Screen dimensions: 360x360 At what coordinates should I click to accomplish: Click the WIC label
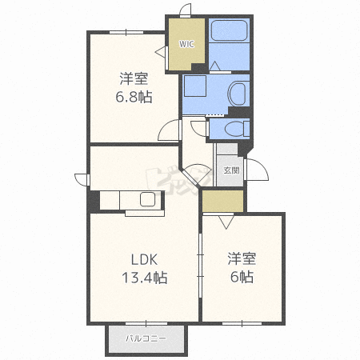(186, 44)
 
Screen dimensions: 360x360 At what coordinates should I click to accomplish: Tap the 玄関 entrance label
(231, 170)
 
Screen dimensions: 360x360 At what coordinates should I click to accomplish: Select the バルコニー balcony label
(146, 338)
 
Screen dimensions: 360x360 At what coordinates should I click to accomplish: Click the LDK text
(144, 259)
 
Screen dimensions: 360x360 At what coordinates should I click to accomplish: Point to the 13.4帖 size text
(145, 278)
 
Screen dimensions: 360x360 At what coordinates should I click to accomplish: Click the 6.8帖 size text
(134, 97)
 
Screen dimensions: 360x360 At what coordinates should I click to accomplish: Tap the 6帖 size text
(242, 277)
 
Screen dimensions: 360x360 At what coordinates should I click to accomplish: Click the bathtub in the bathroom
(230, 30)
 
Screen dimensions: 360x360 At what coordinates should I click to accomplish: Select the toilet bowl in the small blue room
(237, 129)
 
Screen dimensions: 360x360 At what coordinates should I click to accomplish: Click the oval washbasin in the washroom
(237, 93)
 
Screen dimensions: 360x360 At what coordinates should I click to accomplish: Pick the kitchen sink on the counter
(147, 199)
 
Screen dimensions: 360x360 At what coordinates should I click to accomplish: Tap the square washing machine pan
(195, 86)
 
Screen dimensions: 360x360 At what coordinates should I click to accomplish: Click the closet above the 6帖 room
(223, 201)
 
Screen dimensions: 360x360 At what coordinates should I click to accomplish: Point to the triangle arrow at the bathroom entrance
(214, 66)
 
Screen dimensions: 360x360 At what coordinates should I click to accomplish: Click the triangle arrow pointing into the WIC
(160, 51)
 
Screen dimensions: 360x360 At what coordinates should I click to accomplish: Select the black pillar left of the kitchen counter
(94, 201)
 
